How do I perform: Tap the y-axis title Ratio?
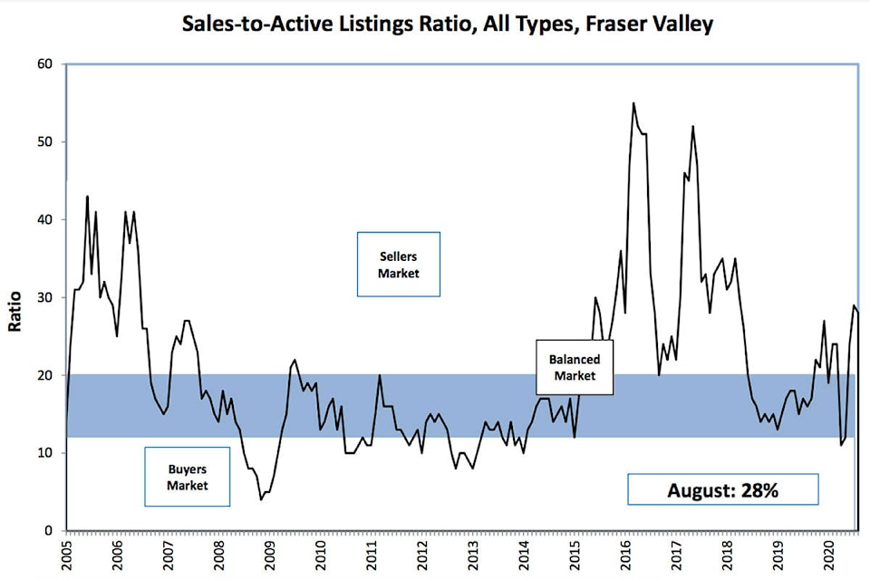point(15,299)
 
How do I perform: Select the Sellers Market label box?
point(399,264)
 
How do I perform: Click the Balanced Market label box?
point(574,368)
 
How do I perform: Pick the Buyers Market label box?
point(187,478)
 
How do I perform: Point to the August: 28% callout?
point(722,490)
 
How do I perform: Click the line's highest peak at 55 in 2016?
point(633,103)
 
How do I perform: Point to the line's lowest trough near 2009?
point(262,499)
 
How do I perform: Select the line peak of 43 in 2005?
point(87,197)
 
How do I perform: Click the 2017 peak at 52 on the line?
point(692,127)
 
